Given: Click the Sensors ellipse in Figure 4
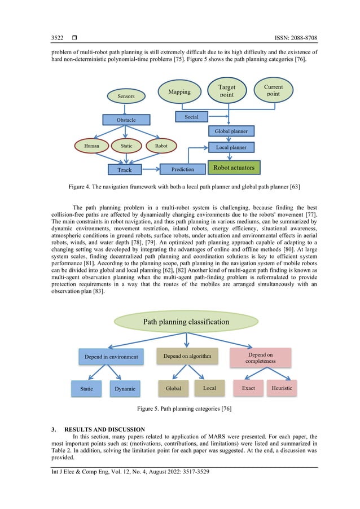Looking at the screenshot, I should pyautogui.click(x=126, y=96).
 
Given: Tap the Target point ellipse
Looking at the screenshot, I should pyautogui.click(x=227, y=91).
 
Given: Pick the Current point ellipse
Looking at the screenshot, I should pyautogui.click(x=273, y=90).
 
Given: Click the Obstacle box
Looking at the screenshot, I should pyautogui.click(x=126, y=120).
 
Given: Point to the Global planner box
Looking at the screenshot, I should pyautogui.click(x=231, y=131).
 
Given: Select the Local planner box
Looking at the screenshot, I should pyautogui.click(x=231, y=147).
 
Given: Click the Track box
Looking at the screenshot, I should pyautogui.click(x=125, y=169).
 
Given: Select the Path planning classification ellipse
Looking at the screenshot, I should pyautogui.click(x=186, y=322).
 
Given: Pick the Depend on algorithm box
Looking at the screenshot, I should pyautogui.click(x=187, y=357).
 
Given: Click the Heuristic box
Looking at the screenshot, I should pyautogui.click(x=282, y=388).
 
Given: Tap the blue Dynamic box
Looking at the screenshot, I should pyautogui.click(x=125, y=389).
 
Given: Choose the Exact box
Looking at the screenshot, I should pyautogui.click(x=248, y=388).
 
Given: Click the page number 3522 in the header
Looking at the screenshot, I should pyautogui.click(x=57, y=38).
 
